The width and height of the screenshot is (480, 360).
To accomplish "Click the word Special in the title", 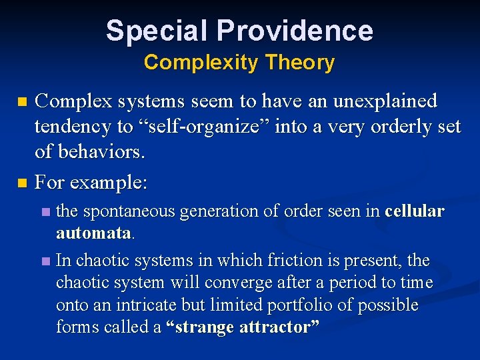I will (x=157, y=31).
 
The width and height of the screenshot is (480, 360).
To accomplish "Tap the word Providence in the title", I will (x=295, y=31).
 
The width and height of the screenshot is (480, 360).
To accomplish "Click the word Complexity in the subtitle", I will (x=200, y=63).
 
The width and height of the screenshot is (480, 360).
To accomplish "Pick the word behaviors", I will (x=100, y=153).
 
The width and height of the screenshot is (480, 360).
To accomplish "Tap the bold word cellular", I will (x=414, y=211).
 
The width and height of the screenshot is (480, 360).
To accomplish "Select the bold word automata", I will (x=93, y=233).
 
